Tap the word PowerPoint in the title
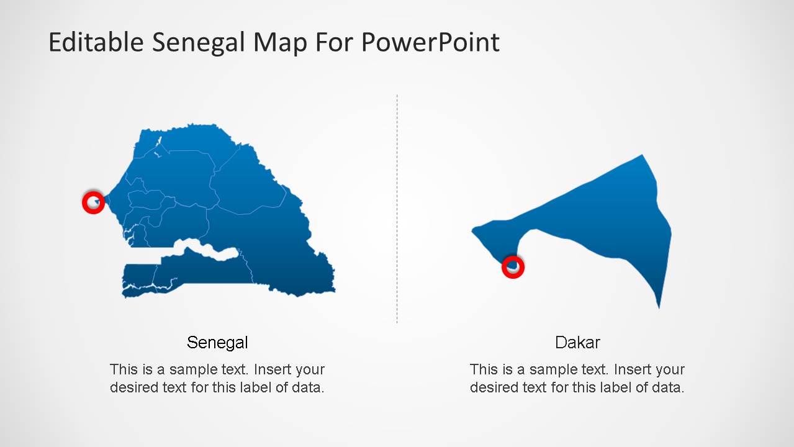(x=430, y=42)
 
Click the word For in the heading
(x=335, y=42)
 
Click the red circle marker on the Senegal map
(x=93, y=202)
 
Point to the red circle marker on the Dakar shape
(x=513, y=267)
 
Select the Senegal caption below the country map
(x=217, y=342)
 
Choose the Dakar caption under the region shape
(x=577, y=342)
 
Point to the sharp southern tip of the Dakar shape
(x=659, y=306)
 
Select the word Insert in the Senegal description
(x=273, y=369)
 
